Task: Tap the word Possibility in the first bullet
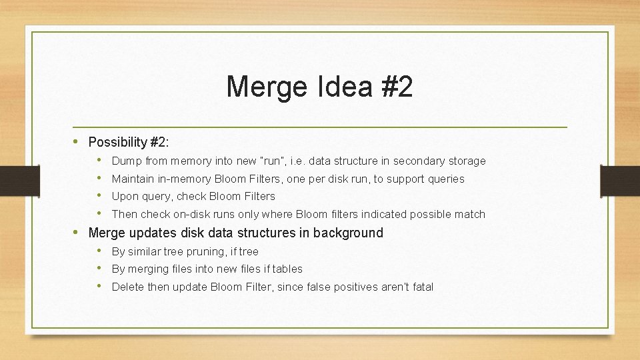point(117,142)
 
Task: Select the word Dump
point(125,161)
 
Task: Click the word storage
point(467,161)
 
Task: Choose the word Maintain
point(132,179)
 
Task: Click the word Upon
point(125,196)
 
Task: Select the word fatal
point(419,287)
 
